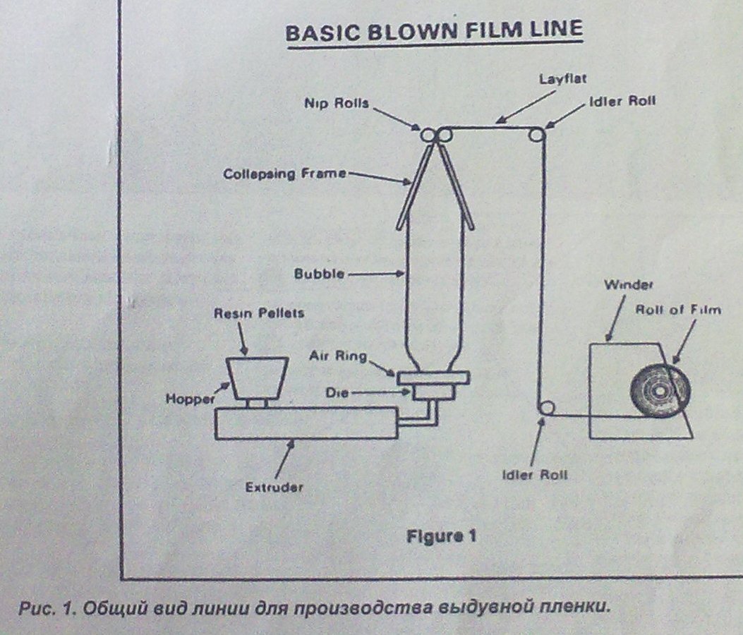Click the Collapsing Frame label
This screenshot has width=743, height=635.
click(x=284, y=173)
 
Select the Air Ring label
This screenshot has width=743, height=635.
click(x=337, y=356)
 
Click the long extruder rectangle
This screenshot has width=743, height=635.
click(x=306, y=423)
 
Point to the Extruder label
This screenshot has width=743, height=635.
click(x=274, y=487)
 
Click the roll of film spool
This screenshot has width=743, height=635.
click(x=660, y=391)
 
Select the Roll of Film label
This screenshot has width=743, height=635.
click(x=679, y=310)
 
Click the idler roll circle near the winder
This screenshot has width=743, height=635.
click(x=546, y=409)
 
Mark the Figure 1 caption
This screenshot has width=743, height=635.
click(x=441, y=536)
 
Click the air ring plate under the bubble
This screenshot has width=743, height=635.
click(x=433, y=378)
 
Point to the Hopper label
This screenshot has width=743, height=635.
click(x=189, y=399)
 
